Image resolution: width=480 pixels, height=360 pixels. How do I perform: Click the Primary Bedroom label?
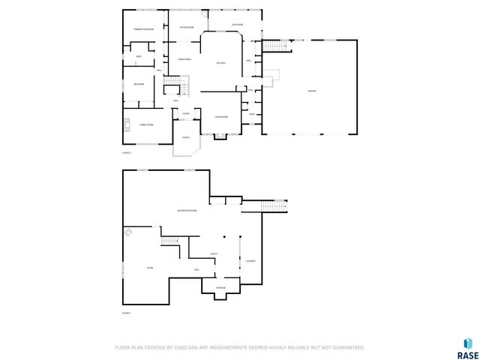tap(143, 29)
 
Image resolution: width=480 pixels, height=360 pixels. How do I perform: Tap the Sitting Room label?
tap(187, 27)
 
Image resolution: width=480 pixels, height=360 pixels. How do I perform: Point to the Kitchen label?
tap(220, 63)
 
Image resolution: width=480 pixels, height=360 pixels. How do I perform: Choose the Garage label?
tap(311, 91)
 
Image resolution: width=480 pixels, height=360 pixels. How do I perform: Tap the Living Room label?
tap(220, 117)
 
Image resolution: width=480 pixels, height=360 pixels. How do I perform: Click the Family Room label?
tap(145, 124)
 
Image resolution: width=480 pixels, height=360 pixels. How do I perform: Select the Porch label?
tap(185, 137)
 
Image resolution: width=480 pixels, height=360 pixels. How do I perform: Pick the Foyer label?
tap(185, 114)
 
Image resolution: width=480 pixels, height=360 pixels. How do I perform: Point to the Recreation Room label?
tap(187, 211)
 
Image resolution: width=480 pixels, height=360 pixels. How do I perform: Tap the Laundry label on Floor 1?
tap(250, 261)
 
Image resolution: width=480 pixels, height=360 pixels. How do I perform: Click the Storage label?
tap(220, 288)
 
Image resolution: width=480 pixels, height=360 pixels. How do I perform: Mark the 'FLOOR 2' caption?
tap(127, 152)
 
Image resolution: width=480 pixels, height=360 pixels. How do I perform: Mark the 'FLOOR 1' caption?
tap(127, 313)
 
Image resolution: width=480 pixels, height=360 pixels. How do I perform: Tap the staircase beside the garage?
tap(274, 46)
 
